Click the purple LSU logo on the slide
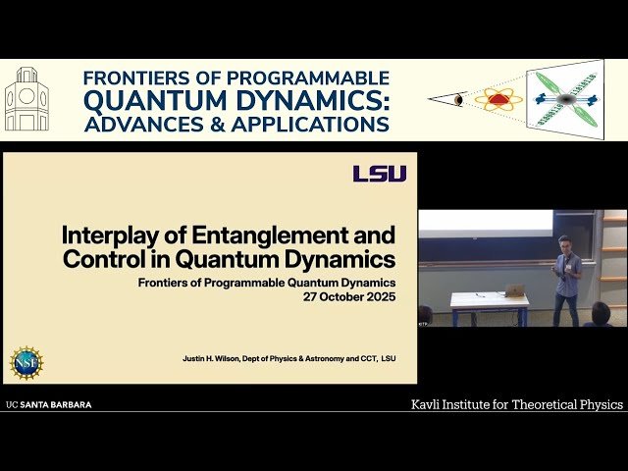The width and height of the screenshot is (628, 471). click(380, 174)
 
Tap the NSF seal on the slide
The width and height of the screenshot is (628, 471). click(26, 362)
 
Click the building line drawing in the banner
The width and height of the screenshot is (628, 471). click(26, 100)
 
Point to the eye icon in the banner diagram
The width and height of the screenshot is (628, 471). click(458, 100)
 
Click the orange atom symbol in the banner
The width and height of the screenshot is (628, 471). click(498, 99)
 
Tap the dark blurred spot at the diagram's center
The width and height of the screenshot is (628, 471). click(565, 100)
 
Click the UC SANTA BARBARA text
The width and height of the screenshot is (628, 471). click(49, 404)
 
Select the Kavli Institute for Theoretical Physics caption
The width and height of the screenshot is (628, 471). click(516, 404)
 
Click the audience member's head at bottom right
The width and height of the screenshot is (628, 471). click(600, 313)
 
